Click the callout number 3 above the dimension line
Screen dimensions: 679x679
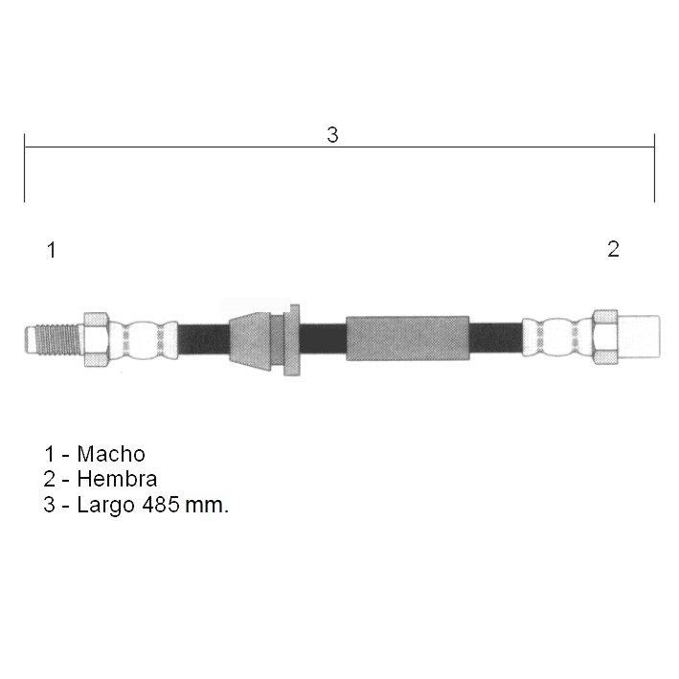tap(332, 135)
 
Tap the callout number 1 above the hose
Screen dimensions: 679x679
tap(52, 250)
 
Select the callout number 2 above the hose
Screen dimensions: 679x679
tap(613, 249)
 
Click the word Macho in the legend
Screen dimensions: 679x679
tap(111, 454)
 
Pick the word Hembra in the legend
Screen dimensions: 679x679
tap(117, 479)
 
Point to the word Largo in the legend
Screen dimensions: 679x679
tap(105, 506)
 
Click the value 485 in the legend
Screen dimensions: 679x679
tap(161, 505)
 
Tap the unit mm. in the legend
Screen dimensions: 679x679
tap(207, 506)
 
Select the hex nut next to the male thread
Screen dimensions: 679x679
tap(96, 339)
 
